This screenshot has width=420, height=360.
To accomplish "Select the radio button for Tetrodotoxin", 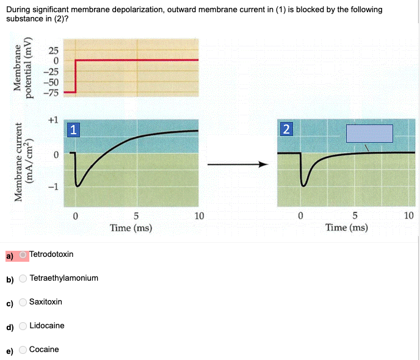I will (x=23, y=254).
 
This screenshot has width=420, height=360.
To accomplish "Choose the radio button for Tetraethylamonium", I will (x=23, y=278).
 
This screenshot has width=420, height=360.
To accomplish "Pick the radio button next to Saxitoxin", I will (x=23, y=302).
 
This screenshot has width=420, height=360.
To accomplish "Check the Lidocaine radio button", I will (x=23, y=326).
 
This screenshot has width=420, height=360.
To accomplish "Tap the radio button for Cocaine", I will (x=23, y=350).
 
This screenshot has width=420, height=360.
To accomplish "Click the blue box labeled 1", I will (x=73, y=129).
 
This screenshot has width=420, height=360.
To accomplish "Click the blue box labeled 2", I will (x=286, y=129).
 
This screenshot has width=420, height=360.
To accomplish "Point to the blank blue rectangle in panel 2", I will (x=369, y=134).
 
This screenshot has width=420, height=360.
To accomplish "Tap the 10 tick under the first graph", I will (x=199, y=215).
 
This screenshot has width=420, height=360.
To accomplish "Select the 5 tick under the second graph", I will (x=355, y=215).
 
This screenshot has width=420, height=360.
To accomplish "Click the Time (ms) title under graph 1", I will (x=131, y=228).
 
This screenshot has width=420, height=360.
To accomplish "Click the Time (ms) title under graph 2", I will (x=347, y=228).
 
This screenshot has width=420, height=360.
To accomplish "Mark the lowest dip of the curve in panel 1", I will (x=77, y=185).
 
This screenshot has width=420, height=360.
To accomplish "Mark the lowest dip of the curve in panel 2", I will (x=303, y=184).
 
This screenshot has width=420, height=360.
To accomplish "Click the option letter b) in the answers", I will (x=10, y=279).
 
